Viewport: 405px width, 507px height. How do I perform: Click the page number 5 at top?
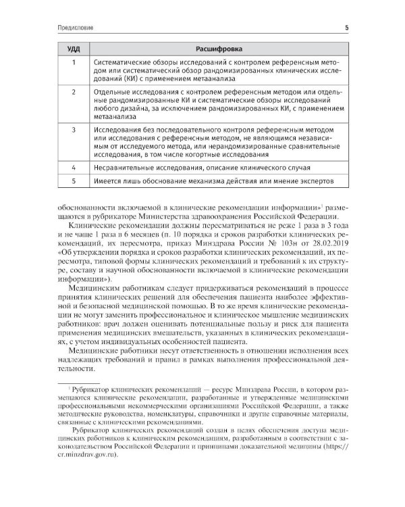coord(346,28)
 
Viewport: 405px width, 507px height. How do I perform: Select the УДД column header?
coord(74,49)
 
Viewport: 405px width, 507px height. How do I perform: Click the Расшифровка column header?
coord(217,49)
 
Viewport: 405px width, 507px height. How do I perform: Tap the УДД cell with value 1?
coord(74,62)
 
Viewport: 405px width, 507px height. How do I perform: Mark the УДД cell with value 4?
coord(74,166)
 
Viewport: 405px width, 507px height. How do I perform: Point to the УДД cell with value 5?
coord(74,180)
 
